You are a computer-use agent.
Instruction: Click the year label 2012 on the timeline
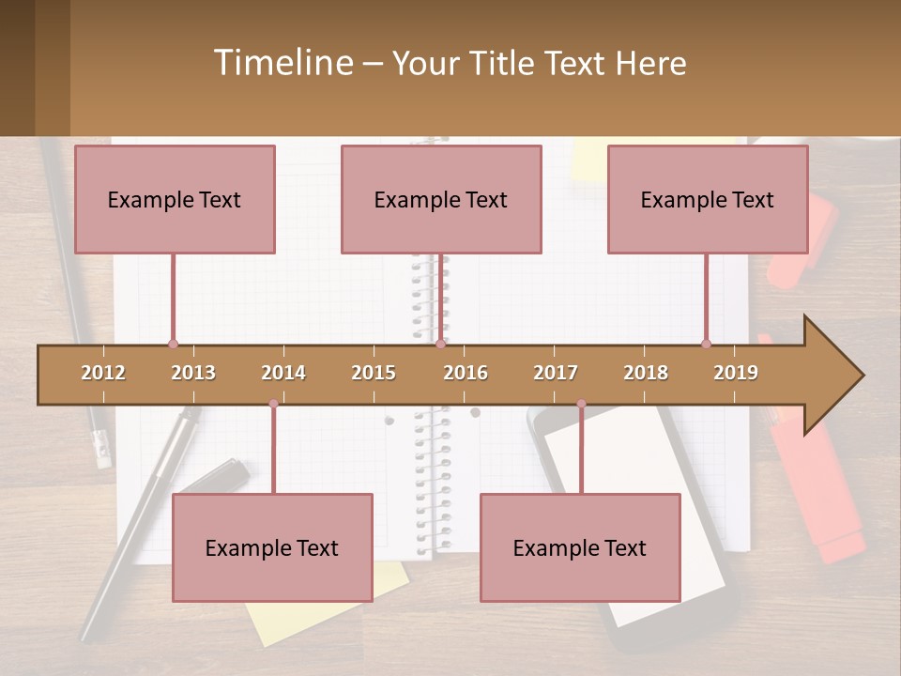[103, 373]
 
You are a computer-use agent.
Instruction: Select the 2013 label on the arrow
[193, 373]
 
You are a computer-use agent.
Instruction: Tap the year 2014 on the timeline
[283, 373]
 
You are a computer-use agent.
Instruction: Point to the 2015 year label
[374, 373]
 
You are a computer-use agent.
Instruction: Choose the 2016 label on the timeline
[466, 373]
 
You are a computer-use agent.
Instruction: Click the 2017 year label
[556, 373]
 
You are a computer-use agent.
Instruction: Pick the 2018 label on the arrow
[646, 373]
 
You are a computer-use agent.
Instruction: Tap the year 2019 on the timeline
[736, 373]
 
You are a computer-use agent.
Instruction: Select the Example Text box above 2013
[175, 199]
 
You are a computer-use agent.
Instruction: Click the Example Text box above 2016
[441, 199]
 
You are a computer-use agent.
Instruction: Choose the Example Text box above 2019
[708, 199]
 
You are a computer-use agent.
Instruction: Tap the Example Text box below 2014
[272, 547]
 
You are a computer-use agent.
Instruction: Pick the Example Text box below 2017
[580, 547]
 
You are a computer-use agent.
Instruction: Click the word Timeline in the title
[282, 63]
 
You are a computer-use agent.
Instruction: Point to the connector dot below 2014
[273, 404]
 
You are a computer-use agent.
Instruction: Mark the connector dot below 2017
[581, 404]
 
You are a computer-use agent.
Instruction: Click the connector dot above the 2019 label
[706, 344]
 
